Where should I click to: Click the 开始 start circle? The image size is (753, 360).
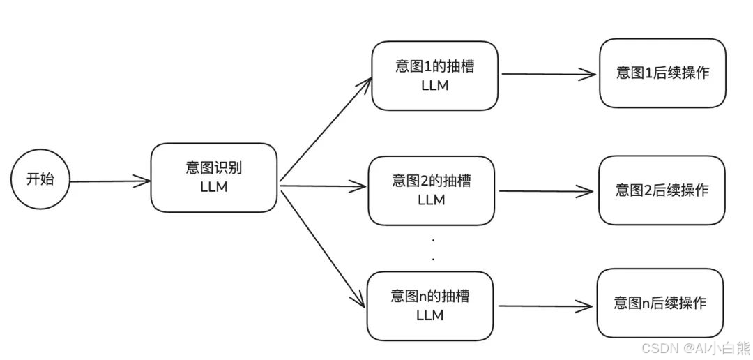(40, 179)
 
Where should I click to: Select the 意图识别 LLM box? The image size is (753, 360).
(214, 178)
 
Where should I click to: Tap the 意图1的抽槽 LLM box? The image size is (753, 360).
(434, 75)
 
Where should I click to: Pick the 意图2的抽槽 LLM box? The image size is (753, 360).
(431, 190)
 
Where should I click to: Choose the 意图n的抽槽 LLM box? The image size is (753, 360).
(430, 306)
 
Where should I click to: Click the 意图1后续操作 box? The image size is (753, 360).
(662, 73)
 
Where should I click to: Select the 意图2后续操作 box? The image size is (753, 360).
(662, 190)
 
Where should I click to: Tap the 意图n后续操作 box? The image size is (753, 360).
(660, 303)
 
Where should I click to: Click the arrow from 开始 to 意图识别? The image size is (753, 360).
(110, 181)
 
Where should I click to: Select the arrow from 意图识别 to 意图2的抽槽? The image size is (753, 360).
(323, 186)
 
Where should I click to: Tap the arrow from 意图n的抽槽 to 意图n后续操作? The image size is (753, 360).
(546, 306)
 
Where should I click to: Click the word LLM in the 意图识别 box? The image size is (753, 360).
(213, 187)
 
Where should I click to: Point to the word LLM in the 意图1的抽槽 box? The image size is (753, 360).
(434, 85)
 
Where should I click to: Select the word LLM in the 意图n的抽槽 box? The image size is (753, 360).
(429, 315)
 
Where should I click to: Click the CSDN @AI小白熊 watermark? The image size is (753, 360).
(694, 348)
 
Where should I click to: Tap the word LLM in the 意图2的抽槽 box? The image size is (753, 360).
(431, 200)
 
